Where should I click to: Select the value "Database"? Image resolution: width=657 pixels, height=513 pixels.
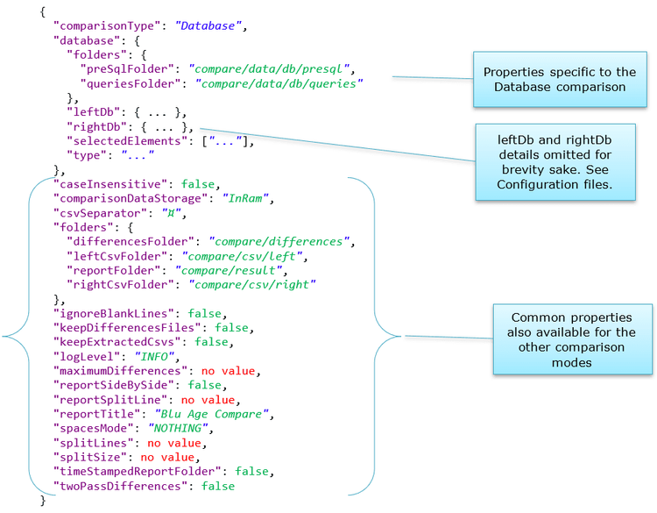(208, 25)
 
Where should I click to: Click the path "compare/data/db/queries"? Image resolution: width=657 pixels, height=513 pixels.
(279, 83)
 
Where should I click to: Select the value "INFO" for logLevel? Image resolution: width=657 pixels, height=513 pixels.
(157, 357)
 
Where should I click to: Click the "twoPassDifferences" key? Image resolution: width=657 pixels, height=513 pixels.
(123, 486)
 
